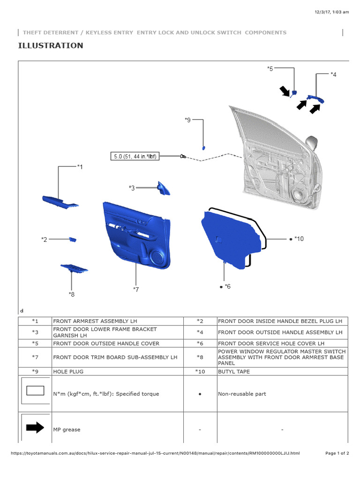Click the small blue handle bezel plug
[73, 240]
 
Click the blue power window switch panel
[74, 269]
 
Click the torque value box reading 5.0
[134, 157]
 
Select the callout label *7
[135, 290]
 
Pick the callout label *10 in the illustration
[299, 239]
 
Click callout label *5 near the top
[270, 69]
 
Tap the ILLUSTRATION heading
[51, 45]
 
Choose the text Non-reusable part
[242, 394]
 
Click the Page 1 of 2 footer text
[337, 453]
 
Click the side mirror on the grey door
[310, 141]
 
